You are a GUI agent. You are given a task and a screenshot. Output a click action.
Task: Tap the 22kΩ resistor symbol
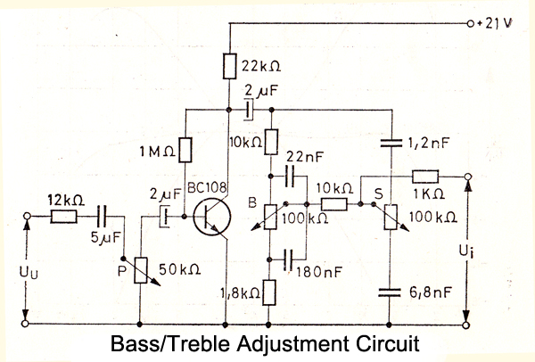[230, 67]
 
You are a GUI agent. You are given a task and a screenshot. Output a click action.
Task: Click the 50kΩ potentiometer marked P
[142, 270]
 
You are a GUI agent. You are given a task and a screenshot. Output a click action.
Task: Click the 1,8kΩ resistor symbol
[273, 292]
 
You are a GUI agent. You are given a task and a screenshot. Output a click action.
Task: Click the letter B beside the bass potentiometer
[253, 205]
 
